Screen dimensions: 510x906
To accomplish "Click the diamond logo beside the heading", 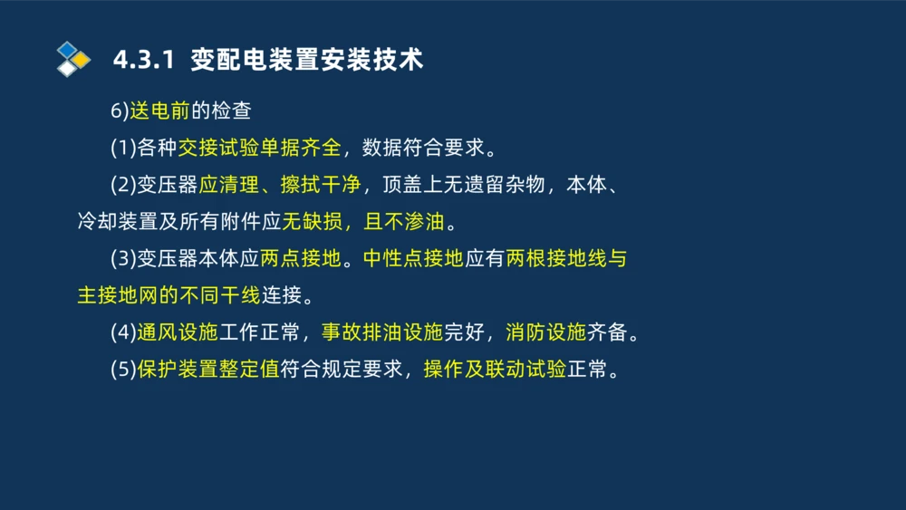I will coord(73,59).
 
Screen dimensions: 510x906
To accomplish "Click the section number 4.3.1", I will coord(142,61).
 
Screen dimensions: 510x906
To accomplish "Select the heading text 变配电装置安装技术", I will coord(307,61).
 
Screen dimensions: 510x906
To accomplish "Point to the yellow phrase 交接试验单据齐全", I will coord(259,148).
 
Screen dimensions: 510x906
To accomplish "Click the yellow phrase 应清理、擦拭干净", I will coord(279,185).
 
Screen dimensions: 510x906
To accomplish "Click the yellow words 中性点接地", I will coord(413,258).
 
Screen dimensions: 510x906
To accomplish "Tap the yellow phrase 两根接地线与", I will coord(566,258).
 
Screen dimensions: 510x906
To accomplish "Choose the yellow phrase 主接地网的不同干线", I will coord(169,295).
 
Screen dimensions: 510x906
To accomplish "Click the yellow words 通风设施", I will coord(178,332).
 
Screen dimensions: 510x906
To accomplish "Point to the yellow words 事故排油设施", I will coord(382,332).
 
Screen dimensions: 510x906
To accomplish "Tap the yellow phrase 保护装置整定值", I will coord(208,370).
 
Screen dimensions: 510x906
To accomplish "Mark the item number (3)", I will coord(123,258).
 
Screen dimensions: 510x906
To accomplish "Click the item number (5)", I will coord(123,370).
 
